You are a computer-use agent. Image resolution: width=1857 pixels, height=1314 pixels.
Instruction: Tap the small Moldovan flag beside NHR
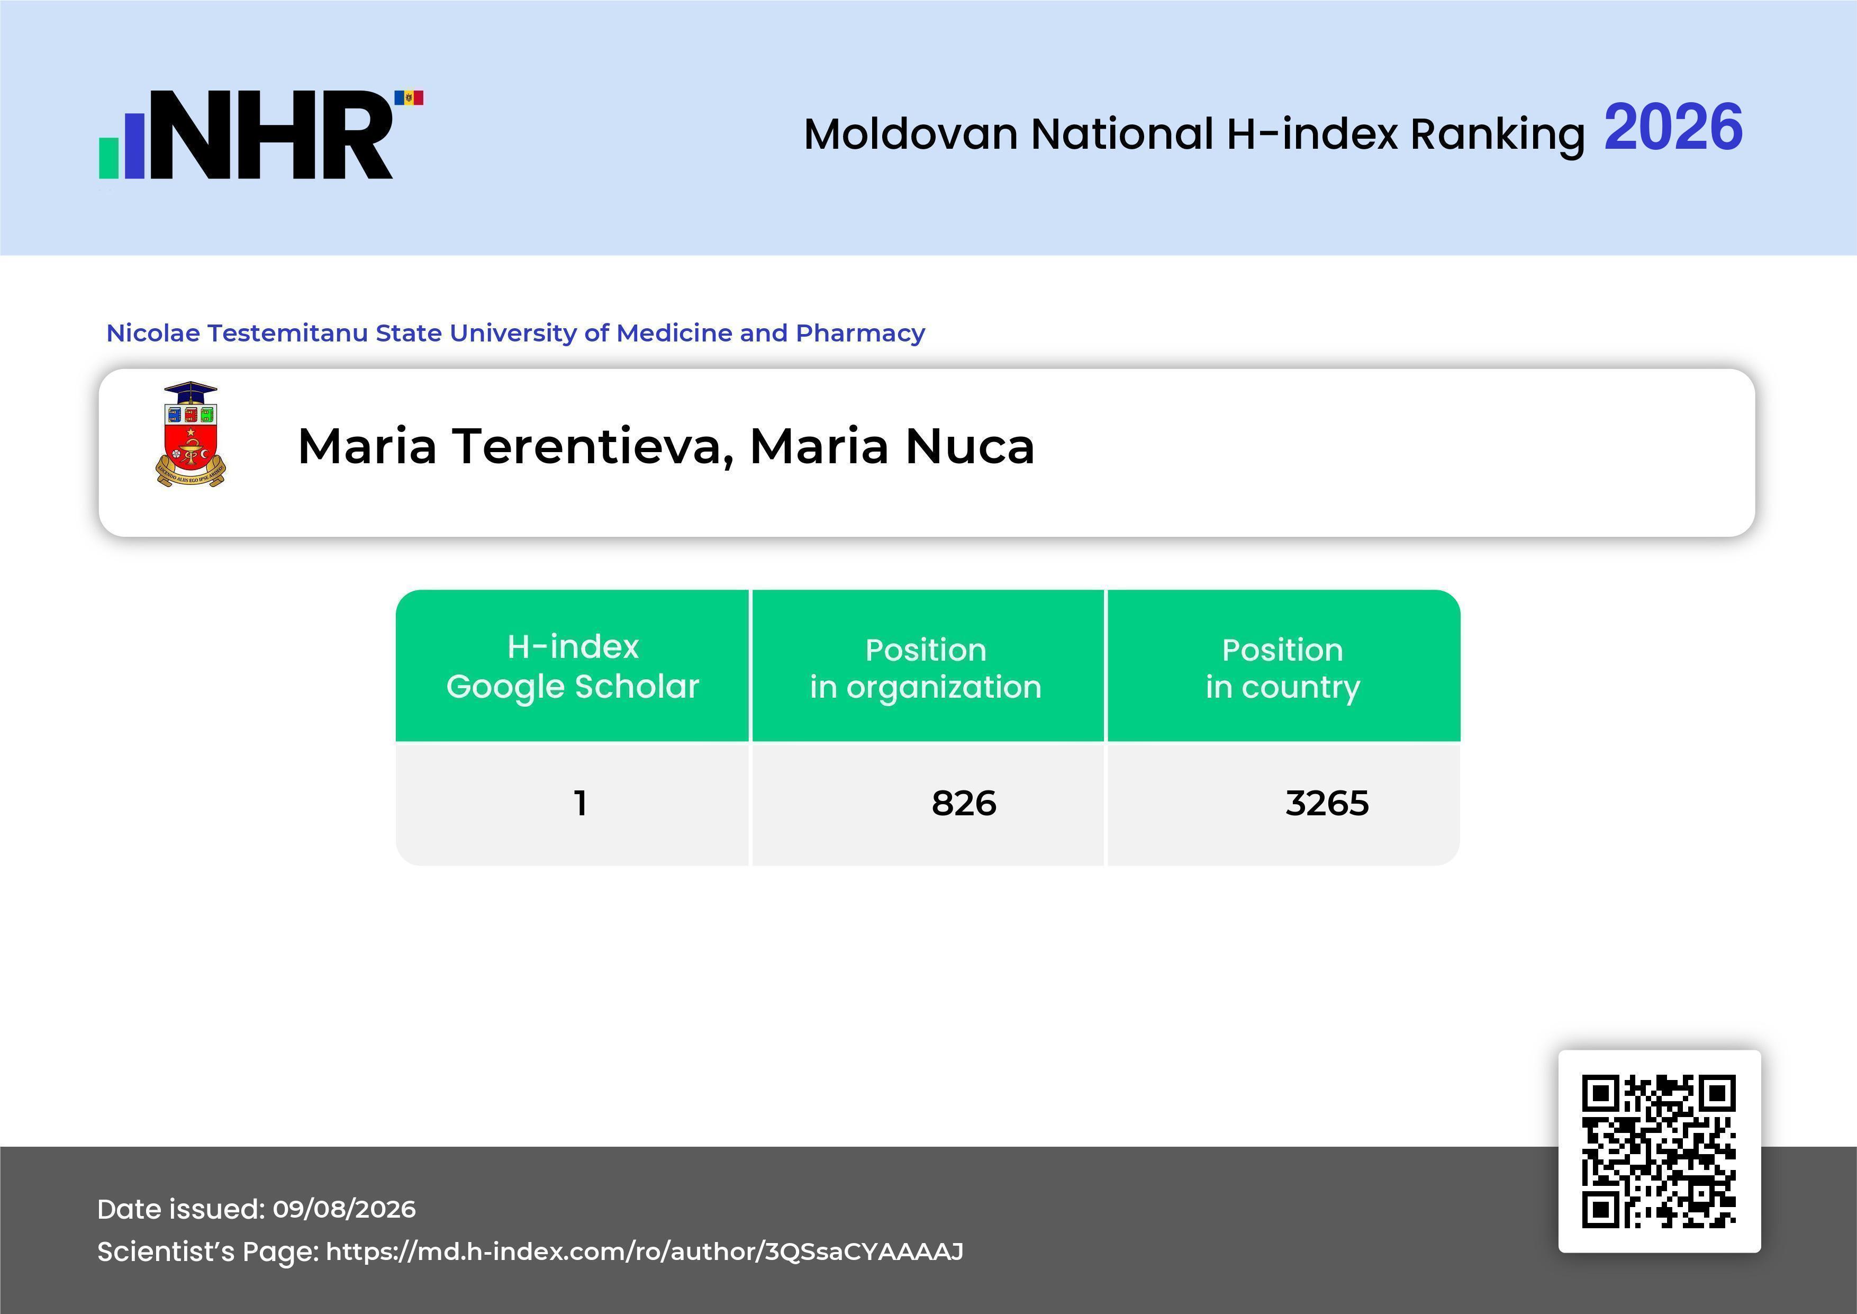point(409,98)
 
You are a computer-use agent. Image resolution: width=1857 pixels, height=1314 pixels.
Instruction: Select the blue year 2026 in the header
point(1673,127)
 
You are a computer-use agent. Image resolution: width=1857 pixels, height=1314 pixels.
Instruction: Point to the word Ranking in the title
point(1497,135)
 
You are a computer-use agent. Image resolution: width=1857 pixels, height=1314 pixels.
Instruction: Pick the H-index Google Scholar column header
point(573,666)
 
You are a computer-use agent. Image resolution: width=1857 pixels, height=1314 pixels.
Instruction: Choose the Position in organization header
point(926,668)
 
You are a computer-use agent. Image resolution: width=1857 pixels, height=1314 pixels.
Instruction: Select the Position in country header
point(1283,668)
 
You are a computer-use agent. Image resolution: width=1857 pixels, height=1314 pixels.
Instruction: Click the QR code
point(1660,1151)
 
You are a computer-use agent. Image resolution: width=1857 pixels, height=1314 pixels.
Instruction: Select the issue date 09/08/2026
point(345,1209)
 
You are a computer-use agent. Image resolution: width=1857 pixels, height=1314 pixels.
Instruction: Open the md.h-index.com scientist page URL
point(645,1252)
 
